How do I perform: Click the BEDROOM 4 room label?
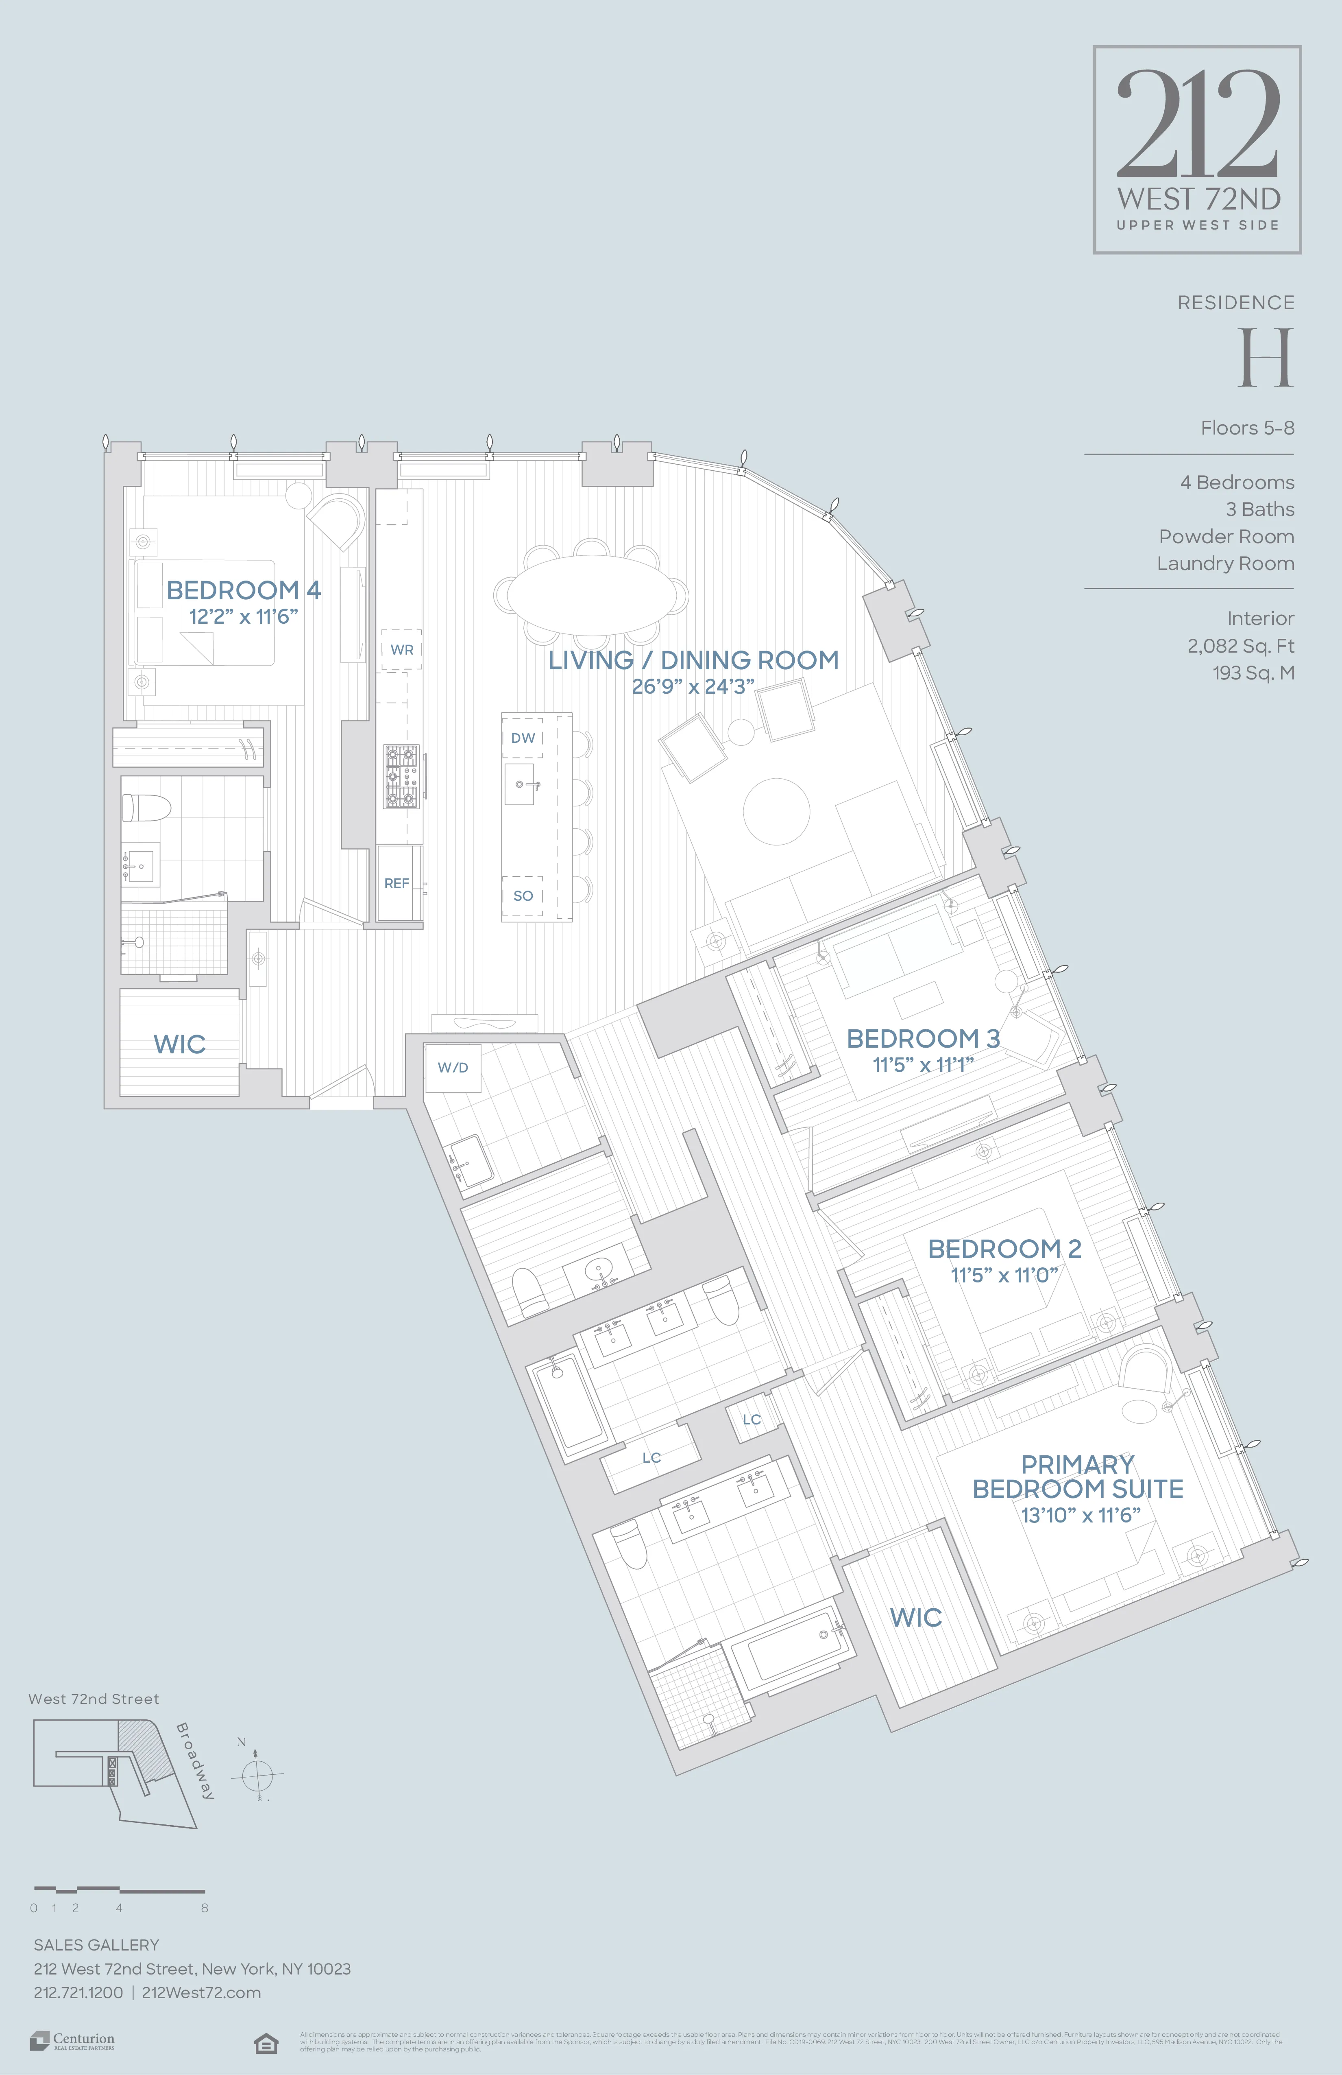coord(243,590)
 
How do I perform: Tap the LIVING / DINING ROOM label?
coord(693,660)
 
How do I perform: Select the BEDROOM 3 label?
coord(923,1038)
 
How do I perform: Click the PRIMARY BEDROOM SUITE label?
coord(1078,1477)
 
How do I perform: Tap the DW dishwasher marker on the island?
coord(523,738)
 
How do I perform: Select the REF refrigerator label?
coord(396,883)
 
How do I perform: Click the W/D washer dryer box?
coord(452,1067)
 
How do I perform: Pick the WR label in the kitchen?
coord(402,649)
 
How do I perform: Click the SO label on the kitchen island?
coord(523,896)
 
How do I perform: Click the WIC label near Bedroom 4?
coord(179,1044)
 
